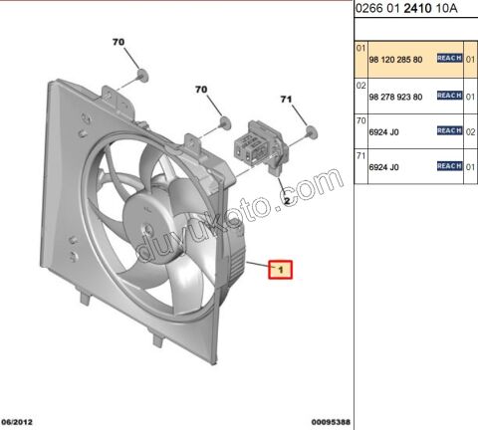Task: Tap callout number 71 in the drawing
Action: point(285,99)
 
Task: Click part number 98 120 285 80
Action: point(394,60)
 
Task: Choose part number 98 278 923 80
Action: point(394,96)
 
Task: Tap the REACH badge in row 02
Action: point(449,96)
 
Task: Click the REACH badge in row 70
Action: point(449,130)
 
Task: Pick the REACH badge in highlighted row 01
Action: point(449,60)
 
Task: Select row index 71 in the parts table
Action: point(361,154)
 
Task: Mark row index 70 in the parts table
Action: point(361,118)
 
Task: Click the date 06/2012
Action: point(19,423)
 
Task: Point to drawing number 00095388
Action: point(328,423)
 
